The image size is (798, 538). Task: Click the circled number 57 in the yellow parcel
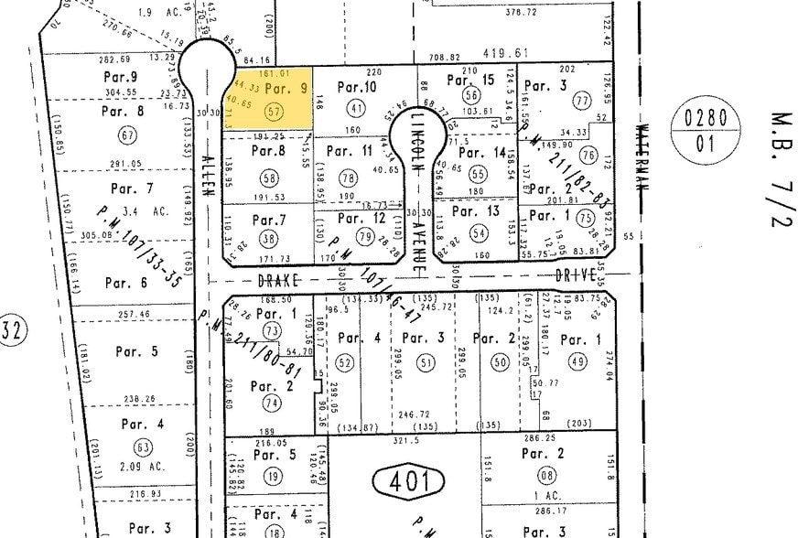pos(270,109)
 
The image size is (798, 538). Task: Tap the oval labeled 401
pos(408,480)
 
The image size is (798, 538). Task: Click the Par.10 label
pos(357,87)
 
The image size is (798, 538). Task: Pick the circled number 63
pos(142,447)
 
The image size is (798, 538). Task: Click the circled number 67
pos(127,136)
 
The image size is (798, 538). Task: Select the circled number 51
pos(426,363)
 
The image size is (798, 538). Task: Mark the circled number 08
pos(548,475)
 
